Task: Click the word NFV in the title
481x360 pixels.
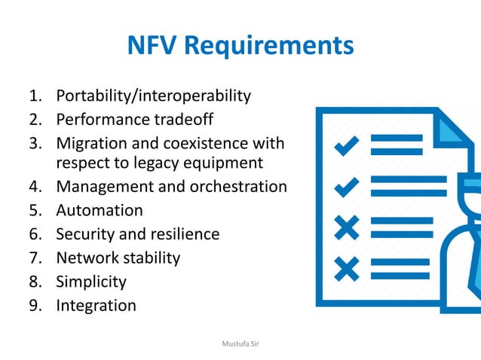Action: pyautogui.click(x=153, y=46)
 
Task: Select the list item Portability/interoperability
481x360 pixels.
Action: pyautogui.click(x=153, y=96)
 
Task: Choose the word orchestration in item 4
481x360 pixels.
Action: pyautogui.click(x=240, y=186)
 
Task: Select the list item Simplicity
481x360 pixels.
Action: pyautogui.click(x=91, y=282)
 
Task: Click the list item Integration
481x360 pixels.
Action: pyautogui.click(x=96, y=305)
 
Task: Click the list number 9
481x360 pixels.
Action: pyautogui.click(x=35, y=305)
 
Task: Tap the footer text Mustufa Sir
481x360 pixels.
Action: pyautogui.click(x=240, y=343)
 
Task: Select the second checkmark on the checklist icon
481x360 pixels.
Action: pyautogui.click(x=347, y=185)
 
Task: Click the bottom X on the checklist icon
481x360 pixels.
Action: pyautogui.click(x=347, y=267)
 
